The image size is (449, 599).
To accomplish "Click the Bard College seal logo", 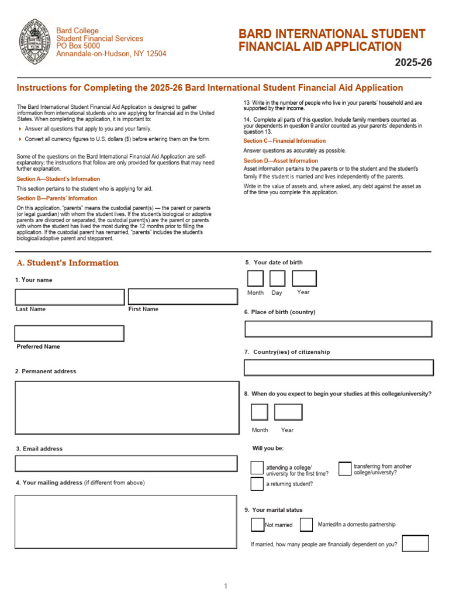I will click(34, 42).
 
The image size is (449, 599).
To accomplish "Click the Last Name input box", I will click(70, 297).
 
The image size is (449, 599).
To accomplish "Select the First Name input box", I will click(182, 297).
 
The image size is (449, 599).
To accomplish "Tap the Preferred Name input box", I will click(70, 333).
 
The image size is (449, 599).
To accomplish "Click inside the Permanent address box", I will click(127, 408).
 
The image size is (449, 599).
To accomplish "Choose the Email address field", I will click(127, 464).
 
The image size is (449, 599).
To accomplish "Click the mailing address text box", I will click(127, 521).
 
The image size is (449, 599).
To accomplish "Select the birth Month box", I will click(255, 279).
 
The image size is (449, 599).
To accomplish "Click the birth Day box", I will click(277, 279).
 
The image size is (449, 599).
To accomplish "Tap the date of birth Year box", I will click(304, 279).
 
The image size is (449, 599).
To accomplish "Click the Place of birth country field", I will click(339, 329).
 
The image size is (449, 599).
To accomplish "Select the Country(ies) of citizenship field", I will click(339, 367).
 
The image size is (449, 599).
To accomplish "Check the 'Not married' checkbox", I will click(257, 524).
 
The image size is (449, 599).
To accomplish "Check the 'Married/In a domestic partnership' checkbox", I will click(306, 524).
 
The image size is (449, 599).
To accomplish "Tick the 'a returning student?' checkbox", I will click(257, 484).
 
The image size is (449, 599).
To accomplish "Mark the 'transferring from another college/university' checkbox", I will click(345, 469).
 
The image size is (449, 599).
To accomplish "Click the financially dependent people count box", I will click(415, 543).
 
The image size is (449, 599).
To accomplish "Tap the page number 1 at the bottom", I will click(225, 586).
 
